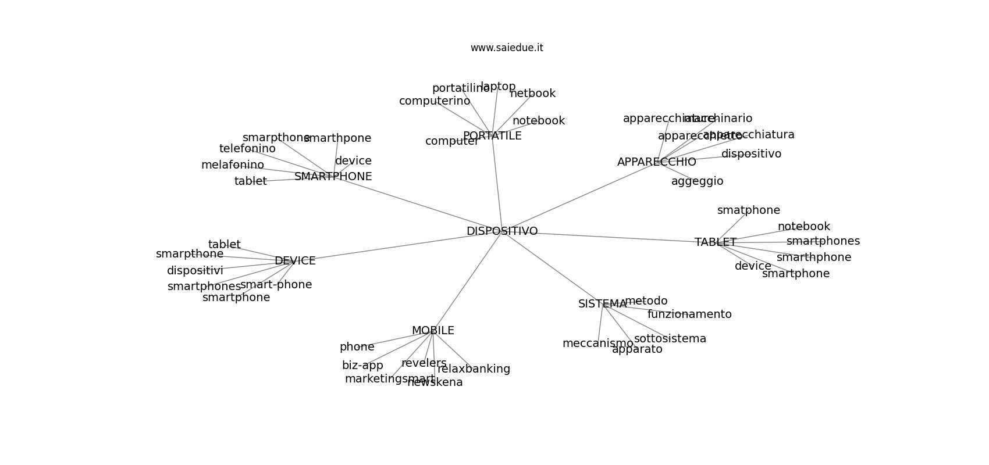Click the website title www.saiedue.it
tap(507, 48)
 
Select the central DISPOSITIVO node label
tap(501, 231)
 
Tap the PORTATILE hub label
tap(492, 136)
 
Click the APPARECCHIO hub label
tap(656, 162)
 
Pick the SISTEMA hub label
tap(602, 304)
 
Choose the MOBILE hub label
tap(433, 331)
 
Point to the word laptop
tap(498, 87)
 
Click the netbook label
tap(532, 94)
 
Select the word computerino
tap(434, 101)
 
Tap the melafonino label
tap(232, 165)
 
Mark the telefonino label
tap(247, 149)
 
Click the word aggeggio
tap(697, 181)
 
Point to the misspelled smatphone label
tap(748, 210)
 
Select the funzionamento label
tap(689, 314)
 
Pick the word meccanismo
tap(597, 344)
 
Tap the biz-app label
tap(362, 366)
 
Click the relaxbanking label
tap(474, 369)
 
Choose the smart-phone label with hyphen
tap(276, 285)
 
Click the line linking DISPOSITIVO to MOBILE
tap(467, 281)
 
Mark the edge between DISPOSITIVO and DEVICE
tap(396, 246)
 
